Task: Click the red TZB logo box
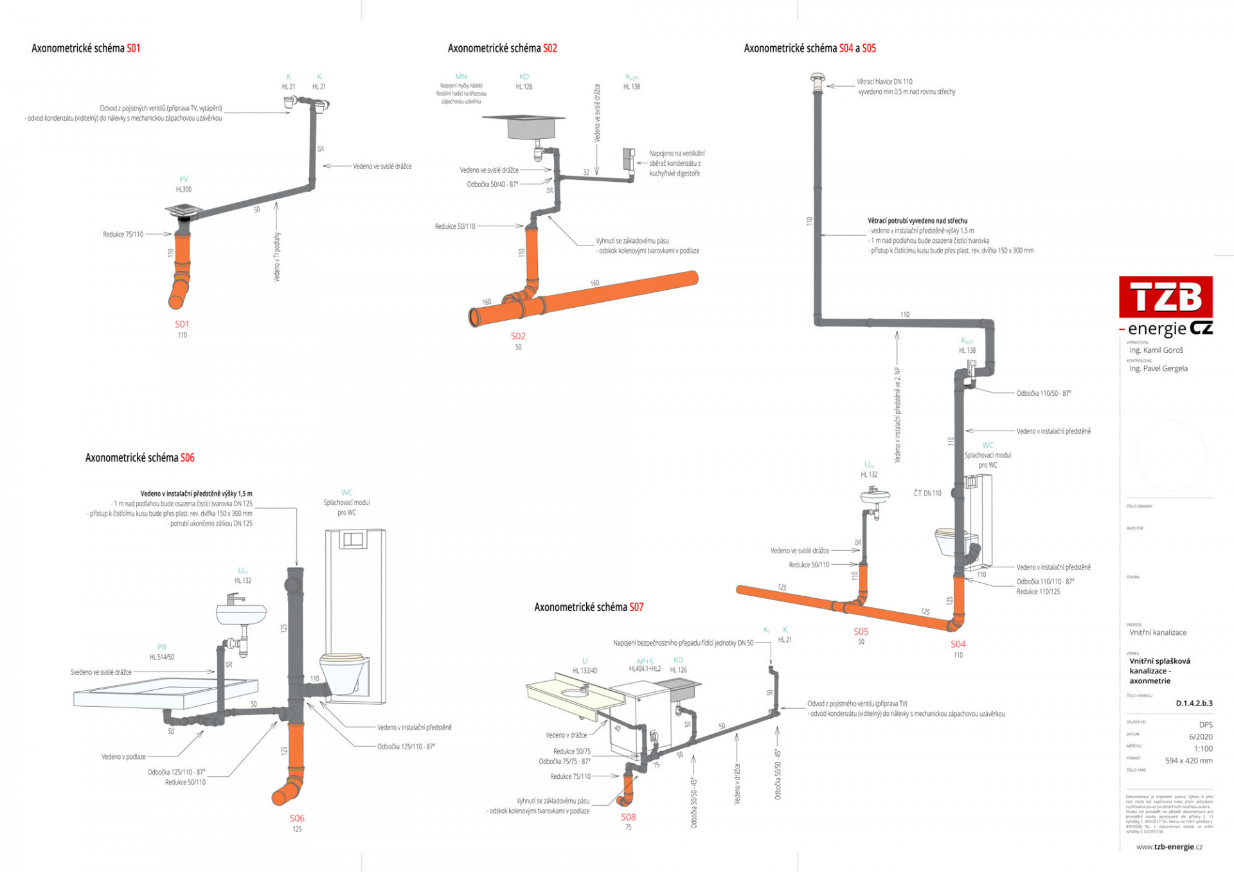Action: point(1165,297)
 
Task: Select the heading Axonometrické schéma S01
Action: point(85,48)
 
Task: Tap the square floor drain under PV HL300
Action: point(184,210)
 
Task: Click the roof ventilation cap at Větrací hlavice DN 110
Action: point(818,80)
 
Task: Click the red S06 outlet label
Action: point(296,818)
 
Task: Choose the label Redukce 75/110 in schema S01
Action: point(123,235)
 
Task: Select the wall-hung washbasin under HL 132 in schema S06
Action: point(240,614)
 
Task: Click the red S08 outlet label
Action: point(628,817)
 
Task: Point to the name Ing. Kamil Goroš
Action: point(1156,350)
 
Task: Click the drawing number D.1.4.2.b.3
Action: point(1194,703)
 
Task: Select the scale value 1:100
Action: point(1203,749)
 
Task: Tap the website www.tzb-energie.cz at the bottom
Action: point(1168,847)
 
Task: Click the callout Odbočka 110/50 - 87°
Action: point(1043,393)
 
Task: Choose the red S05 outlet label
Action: point(861,632)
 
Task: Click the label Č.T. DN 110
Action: point(927,494)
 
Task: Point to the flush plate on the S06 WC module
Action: point(352,539)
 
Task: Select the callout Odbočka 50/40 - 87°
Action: point(492,185)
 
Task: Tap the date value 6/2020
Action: point(1200,737)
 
